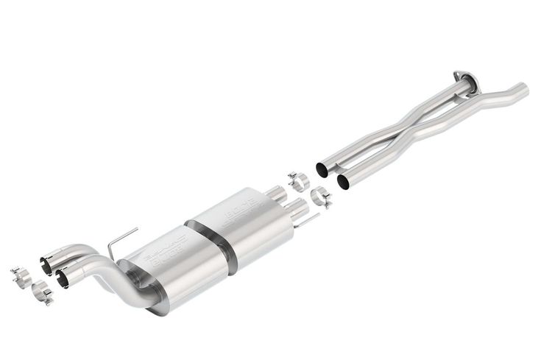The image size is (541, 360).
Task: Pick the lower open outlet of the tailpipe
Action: click(x=63, y=279)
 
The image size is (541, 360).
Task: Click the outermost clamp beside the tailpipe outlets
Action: click(x=19, y=277)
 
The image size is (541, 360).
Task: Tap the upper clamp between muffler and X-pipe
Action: click(x=298, y=180)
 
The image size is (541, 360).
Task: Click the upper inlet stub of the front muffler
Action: click(x=275, y=194)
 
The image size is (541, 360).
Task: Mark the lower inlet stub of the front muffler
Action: click(x=292, y=206)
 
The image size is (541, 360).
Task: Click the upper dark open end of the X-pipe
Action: click(x=322, y=169)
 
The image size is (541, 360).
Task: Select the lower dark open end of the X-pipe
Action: click(x=343, y=180)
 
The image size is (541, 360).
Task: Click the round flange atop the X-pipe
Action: click(x=463, y=77)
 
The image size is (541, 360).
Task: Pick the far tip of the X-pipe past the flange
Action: click(x=523, y=88)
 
